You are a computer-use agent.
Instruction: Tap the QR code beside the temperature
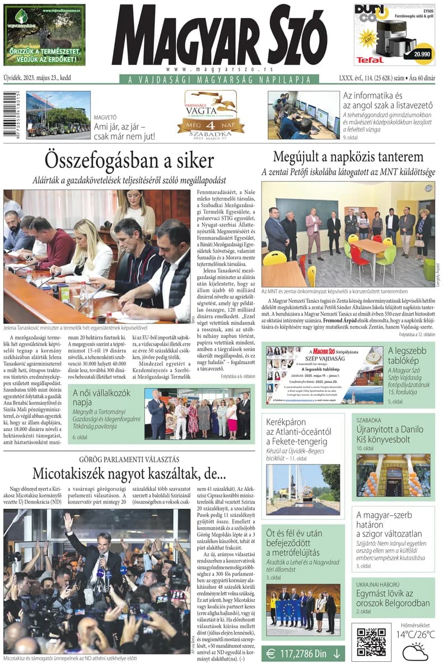click(x=371, y=642)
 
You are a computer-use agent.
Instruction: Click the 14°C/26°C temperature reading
click(x=416, y=634)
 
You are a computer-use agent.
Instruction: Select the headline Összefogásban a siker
click(x=129, y=161)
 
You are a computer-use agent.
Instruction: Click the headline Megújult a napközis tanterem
click(x=348, y=157)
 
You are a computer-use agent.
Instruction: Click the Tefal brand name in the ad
click(x=370, y=59)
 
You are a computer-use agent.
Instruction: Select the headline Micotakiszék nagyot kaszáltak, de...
click(x=128, y=473)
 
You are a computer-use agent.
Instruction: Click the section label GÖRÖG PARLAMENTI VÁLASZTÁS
click(x=128, y=459)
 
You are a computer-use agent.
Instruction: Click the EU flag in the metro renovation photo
click(x=288, y=609)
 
